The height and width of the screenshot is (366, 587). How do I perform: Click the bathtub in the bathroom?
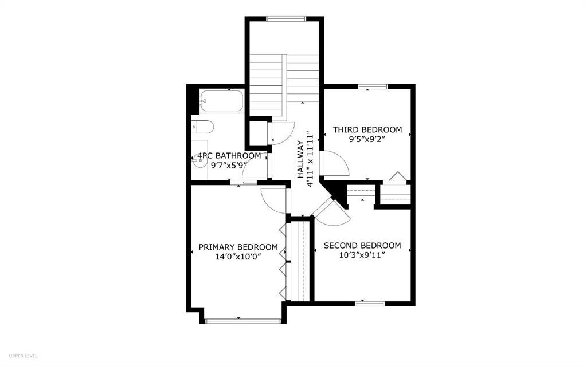click(x=222, y=101)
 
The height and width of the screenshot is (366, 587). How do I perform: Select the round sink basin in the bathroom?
click(x=200, y=161)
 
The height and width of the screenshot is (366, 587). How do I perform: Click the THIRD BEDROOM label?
click(x=367, y=130)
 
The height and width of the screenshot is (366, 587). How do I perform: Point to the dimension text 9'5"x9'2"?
click(x=367, y=139)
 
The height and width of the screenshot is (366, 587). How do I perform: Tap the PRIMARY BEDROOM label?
click(x=238, y=247)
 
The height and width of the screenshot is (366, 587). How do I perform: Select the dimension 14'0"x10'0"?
click(x=238, y=257)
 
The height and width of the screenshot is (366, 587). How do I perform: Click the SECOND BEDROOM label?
click(x=362, y=246)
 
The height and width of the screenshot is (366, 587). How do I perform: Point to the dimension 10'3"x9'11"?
click(x=362, y=255)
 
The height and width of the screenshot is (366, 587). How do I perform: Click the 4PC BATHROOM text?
click(x=229, y=156)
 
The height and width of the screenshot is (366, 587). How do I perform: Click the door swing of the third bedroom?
click(x=335, y=164)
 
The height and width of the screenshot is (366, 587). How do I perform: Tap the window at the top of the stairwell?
click(x=285, y=19)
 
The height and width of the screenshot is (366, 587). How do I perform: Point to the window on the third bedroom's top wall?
click(x=373, y=86)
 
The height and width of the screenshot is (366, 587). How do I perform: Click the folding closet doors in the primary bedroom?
click(x=283, y=261)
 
